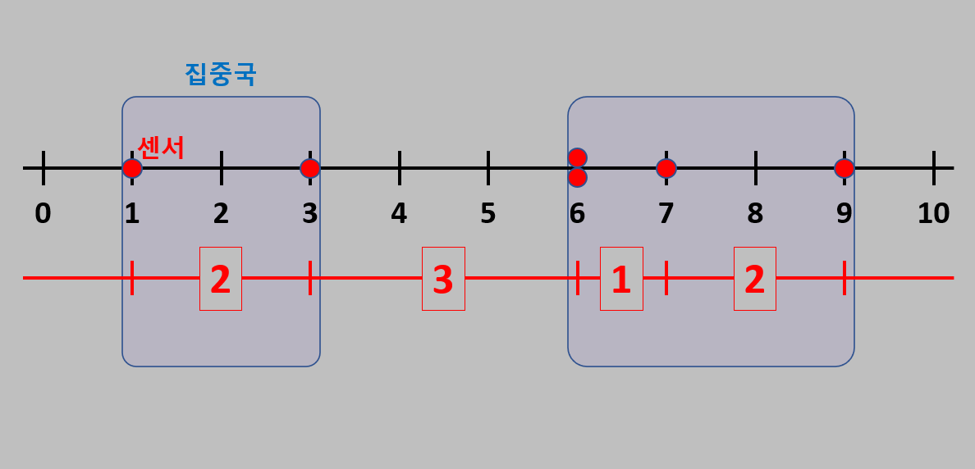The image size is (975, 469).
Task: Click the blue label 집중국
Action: click(220, 74)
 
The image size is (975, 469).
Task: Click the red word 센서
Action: click(161, 148)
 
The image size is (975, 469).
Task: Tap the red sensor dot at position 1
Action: click(132, 168)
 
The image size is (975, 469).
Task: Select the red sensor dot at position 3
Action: click(309, 168)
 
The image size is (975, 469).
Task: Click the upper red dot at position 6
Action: click(577, 157)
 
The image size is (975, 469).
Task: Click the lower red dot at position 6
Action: click(577, 177)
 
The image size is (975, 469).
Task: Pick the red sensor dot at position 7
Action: click(666, 168)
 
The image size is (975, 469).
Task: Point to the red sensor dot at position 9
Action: click(844, 168)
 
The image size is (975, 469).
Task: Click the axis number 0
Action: click(43, 213)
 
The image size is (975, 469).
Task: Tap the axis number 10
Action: click(933, 213)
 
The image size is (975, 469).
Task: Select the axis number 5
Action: click(487, 213)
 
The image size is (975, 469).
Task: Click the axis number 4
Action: click(399, 213)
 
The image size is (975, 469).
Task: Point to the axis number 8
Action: click(755, 213)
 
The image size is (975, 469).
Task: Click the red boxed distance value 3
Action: click(443, 279)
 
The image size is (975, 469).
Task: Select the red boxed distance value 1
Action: click(621, 279)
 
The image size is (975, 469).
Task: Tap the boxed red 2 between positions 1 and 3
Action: click(221, 279)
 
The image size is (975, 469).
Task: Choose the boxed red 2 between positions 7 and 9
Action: click(755, 279)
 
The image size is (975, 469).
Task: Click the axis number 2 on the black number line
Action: click(221, 213)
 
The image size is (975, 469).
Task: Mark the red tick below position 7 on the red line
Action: click(666, 278)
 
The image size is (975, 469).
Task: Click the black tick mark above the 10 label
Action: click(933, 167)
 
